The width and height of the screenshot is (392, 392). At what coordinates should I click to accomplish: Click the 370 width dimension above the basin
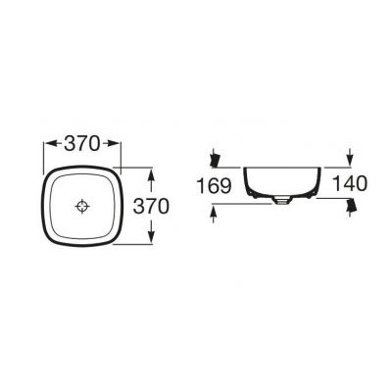pos(81,143)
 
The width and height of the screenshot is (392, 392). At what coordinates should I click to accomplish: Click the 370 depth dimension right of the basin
pos(151,206)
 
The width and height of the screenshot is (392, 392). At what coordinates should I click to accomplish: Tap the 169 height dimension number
pos(215,185)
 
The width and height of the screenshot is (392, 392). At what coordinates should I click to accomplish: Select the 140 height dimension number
pos(350,183)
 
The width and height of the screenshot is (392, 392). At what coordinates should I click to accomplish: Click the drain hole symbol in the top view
pos(82,206)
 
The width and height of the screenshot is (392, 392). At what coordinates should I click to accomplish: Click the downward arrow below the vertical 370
pos(151,231)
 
